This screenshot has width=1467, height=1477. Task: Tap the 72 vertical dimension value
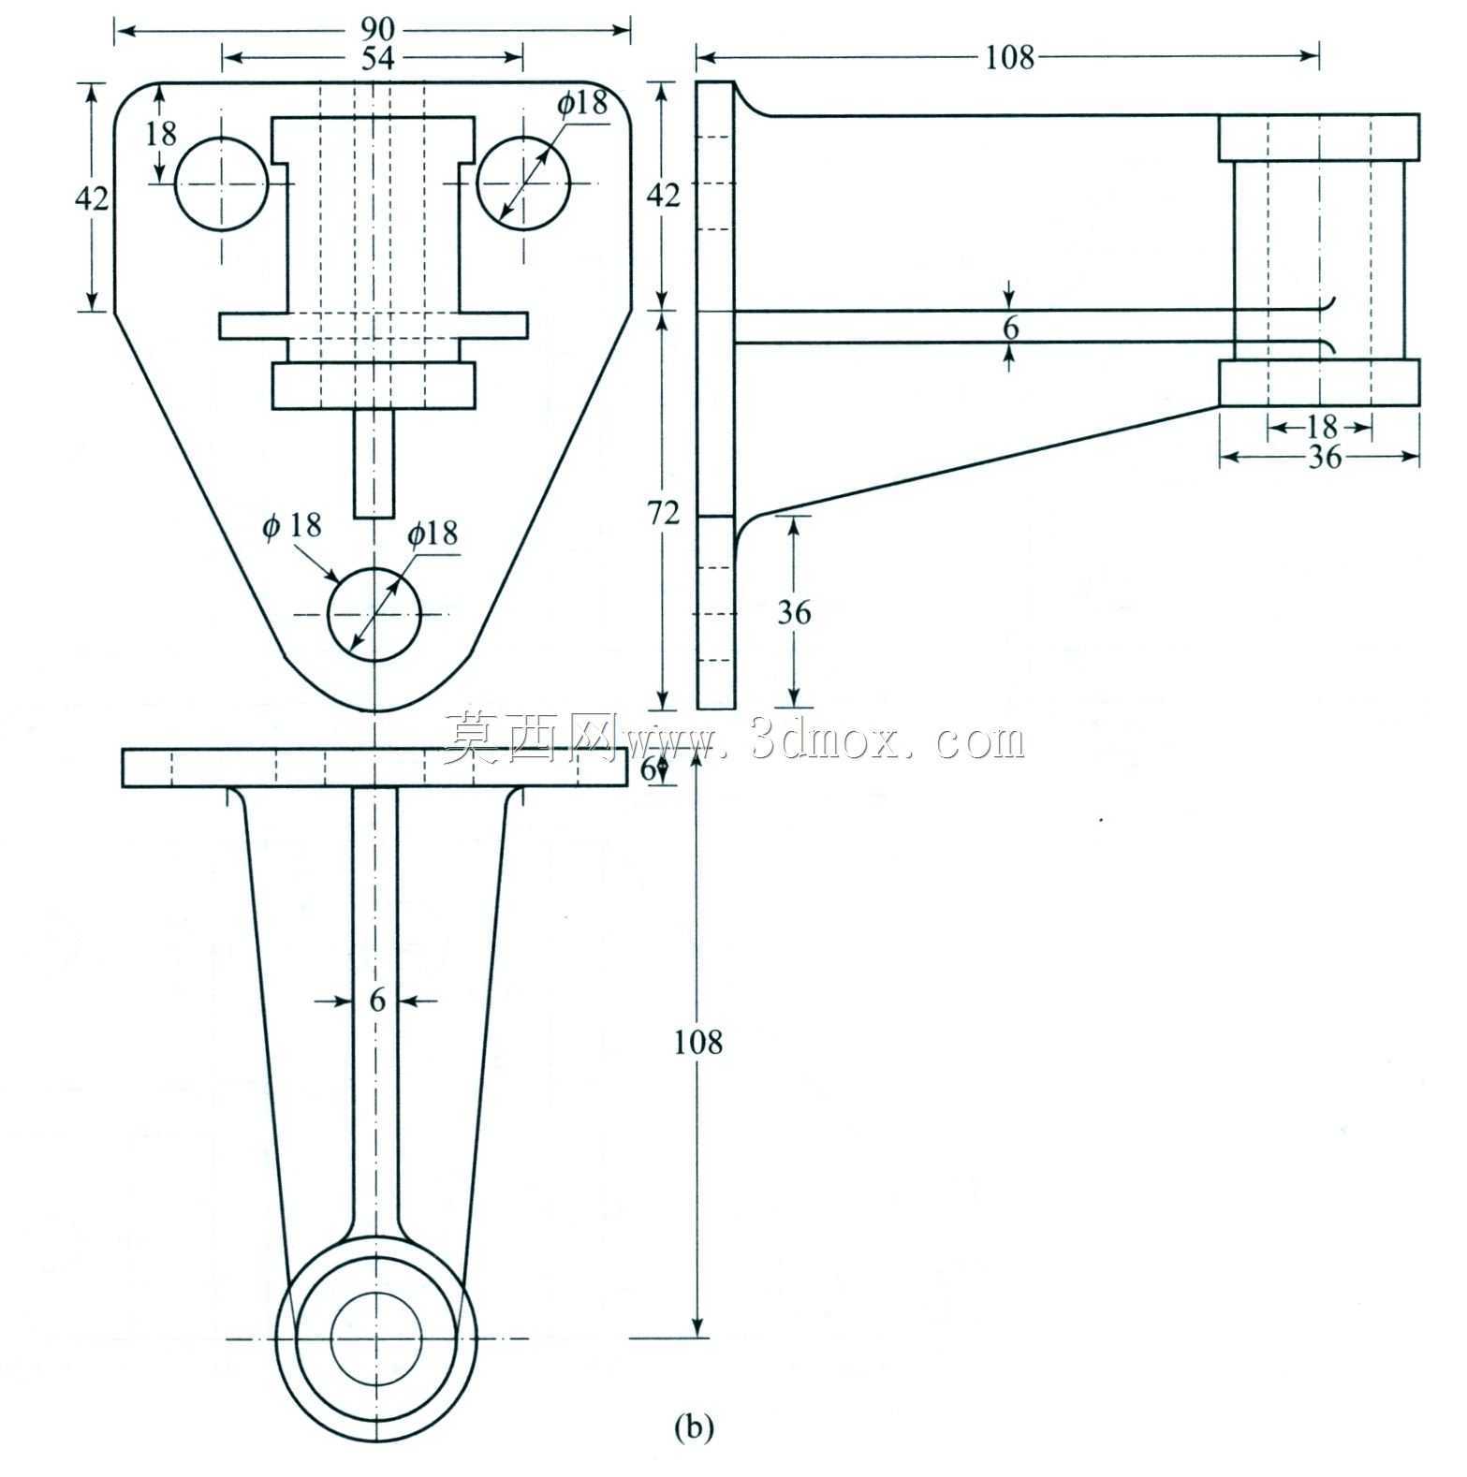coord(664,514)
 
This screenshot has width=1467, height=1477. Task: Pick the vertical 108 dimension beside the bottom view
coord(698,1042)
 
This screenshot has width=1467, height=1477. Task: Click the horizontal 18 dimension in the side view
coord(1321,428)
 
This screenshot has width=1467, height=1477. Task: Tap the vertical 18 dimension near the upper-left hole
coord(161,134)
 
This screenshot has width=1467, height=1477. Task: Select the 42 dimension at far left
coord(91,198)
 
